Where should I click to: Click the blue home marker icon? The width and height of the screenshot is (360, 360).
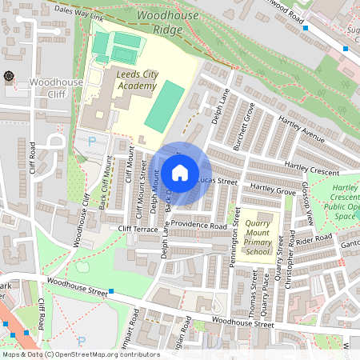point(180,172)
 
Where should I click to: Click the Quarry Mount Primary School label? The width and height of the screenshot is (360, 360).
point(258,237)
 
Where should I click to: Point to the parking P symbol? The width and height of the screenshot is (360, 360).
point(92,141)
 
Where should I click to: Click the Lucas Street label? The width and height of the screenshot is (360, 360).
point(218,182)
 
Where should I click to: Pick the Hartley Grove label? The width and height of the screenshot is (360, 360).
point(273,189)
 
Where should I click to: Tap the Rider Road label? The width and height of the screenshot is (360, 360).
point(313,239)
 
